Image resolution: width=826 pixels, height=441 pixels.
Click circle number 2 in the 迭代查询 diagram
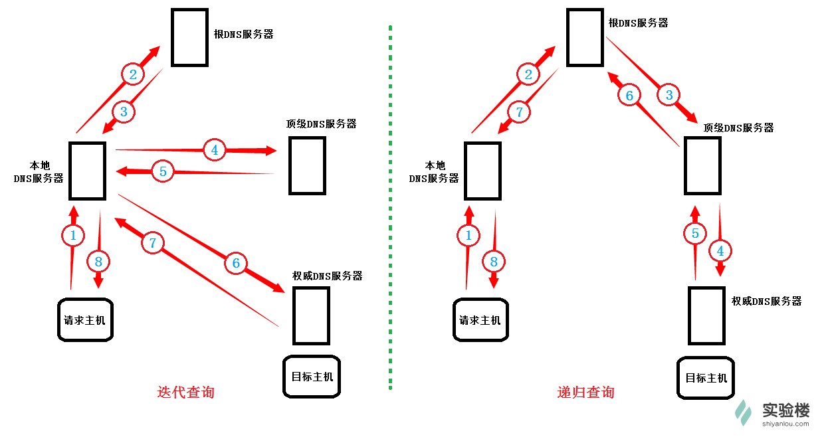click(x=133, y=74)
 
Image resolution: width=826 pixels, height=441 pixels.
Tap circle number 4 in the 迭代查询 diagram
click(x=215, y=151)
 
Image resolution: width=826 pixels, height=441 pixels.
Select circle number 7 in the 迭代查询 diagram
click(x=152, y=243)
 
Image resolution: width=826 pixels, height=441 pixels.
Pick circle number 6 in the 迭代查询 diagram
click(x=235, y=264)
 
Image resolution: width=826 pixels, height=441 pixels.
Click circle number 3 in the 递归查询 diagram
click(x=669, y=95)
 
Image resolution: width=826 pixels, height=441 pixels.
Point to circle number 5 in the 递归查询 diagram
click(x=695, y=233)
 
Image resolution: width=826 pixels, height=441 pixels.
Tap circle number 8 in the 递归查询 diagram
click(x=494, y=262)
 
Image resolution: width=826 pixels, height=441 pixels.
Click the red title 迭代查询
click(x=185, y=392)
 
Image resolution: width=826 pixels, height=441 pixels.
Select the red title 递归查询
click(x=585, y=392)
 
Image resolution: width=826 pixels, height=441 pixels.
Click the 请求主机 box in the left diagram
click(x=85, y=320)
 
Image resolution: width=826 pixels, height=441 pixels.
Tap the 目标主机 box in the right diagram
click(x=706, y=378)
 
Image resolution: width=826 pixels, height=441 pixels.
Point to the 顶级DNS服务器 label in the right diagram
click(x=738, y=128)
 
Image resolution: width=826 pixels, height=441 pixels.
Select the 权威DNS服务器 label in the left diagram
click(x=328, y=276)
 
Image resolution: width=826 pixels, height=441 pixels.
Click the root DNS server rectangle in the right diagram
click(x=585, y=37)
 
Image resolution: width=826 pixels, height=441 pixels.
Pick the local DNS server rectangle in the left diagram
click(x=88, y=171)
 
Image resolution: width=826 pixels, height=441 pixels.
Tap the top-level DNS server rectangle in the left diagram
click(x=307, y=165)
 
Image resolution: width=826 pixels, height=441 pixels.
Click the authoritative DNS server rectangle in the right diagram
click(x=706, y=315)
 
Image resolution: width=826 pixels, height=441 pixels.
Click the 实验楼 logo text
click(x=785, y=409)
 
